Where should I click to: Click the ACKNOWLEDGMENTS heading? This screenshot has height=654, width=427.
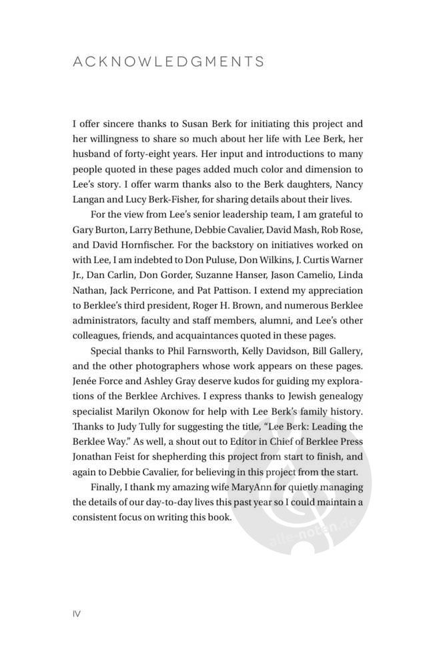click(x=168, y=62)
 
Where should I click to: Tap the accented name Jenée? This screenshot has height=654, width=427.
click(x=87, y=381)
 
